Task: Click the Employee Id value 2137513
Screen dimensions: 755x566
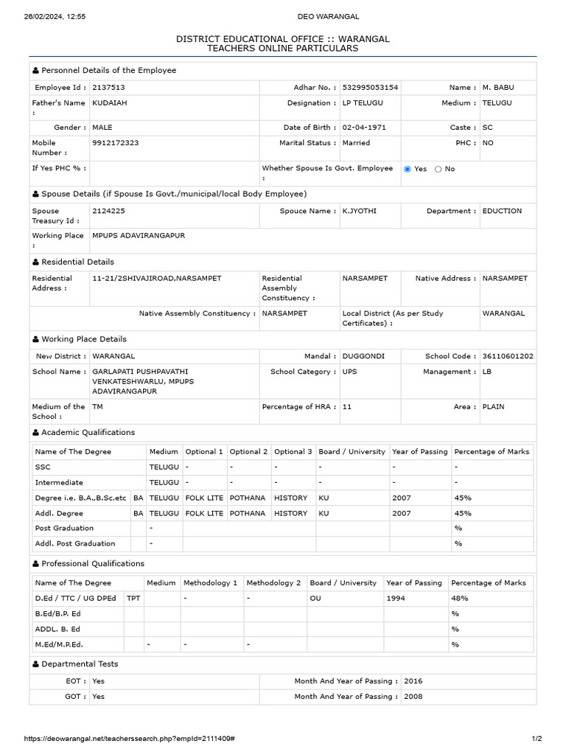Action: (108, 88)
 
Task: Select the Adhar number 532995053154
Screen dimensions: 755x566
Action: (370, 88)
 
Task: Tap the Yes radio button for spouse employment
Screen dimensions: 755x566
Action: (408, 169)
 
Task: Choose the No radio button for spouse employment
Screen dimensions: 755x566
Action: (439, 169)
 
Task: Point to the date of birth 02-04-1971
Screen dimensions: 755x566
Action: (364, 128)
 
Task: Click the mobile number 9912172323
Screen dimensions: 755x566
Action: (115, 143)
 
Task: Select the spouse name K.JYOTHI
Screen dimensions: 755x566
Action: (359, 211)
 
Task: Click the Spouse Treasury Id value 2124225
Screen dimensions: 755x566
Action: (108, 211)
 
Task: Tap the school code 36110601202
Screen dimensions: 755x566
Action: (508, 356)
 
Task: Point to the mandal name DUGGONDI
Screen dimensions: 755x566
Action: (363, 356)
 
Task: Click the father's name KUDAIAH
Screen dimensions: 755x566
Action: (110, 103)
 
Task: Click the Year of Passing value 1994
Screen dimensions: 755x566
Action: (396, 598)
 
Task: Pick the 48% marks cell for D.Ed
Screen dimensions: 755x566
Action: (460, 598)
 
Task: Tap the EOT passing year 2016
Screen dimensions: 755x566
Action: (413, 681)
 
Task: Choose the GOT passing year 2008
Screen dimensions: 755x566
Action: (413, 697)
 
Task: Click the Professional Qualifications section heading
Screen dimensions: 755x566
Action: (92, 563)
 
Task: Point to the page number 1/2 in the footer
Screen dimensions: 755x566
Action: (537, 739)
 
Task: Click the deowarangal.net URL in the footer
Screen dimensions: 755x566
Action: (129, 739)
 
